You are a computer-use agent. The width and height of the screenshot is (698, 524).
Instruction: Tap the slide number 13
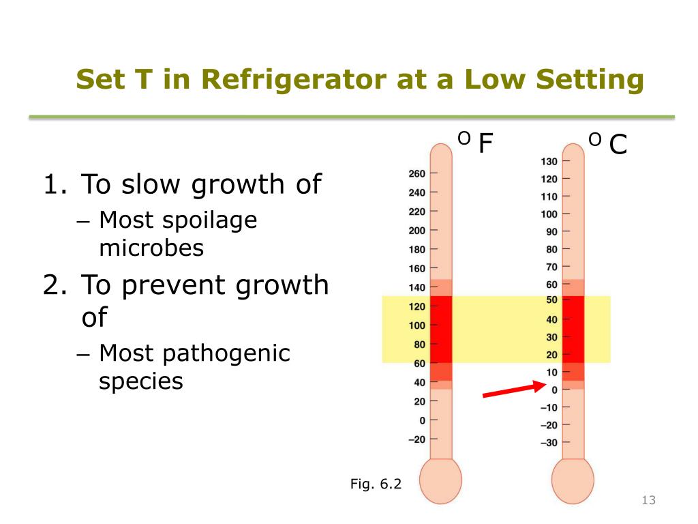coord(648,501)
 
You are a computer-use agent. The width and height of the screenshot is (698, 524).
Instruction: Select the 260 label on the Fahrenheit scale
coord(416,174)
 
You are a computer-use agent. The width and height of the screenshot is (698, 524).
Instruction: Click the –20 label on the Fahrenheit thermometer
coord(416,439)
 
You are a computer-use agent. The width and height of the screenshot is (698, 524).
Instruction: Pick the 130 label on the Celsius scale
coord(549,162)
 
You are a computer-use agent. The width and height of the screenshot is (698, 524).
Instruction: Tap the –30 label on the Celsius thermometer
coord(548,443)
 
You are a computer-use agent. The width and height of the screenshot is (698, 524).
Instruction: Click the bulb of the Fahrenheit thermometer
coord(440,482)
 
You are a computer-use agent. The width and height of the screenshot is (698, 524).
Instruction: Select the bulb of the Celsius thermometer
coord(573,482)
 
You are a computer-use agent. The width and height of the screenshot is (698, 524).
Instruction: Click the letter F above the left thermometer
coord(485,144)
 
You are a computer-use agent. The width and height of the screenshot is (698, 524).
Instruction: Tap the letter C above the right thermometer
coord(618,144)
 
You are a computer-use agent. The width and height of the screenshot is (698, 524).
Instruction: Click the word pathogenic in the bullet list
coord(231,353)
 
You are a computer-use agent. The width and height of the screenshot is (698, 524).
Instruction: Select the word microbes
coord(151,247)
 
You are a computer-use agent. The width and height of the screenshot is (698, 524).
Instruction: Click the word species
coord(141,380)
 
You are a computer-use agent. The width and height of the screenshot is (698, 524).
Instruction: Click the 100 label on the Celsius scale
coord(549,214)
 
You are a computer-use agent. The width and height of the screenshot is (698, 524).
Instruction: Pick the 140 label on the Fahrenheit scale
coord(416,287)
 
